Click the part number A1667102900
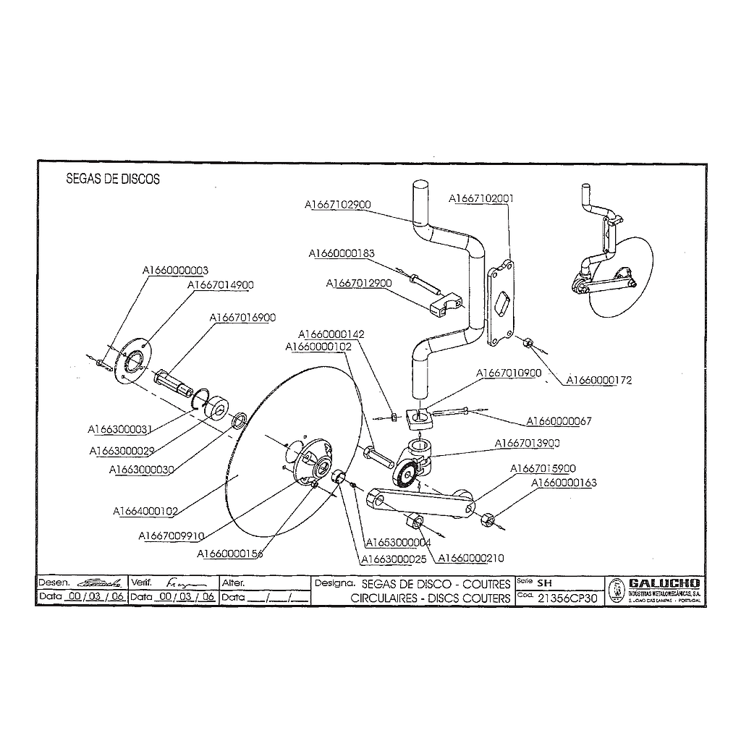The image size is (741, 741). point(337,205)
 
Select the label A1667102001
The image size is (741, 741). point(481,198)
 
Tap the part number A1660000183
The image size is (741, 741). point(342,253)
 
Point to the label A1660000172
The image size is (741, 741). point(598,380)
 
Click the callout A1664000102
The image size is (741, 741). point(145,511)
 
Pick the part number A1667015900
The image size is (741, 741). point(543,468)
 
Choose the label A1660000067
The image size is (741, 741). point(559,421)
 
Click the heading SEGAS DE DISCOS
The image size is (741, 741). point(113,179)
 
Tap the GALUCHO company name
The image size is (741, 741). point(664,583)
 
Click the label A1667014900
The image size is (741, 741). point(221,285)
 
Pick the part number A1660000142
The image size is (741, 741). point(331,335)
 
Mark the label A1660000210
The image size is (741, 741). point(472,558)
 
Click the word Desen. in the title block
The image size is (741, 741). point(54,583)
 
